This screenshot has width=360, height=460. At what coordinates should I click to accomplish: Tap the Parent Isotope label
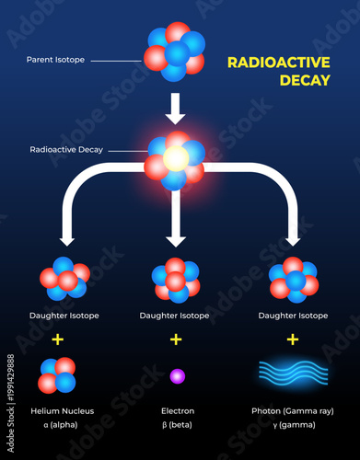pyautogui.click(x=56, y=61)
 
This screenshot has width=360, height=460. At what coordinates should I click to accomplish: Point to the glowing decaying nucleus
pyautogui.click(x=175, y=159)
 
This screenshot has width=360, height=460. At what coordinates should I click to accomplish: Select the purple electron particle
pyautogui.click(x=177, y=375)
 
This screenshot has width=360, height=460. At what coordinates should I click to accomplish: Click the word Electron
pyautogui.click(x=177, y=410)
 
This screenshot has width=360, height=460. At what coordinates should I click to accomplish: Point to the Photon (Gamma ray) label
pyautogui.click(x=293, y=410)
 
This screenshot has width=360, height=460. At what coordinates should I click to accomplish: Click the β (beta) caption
pyautogui.click(x=177, y=424)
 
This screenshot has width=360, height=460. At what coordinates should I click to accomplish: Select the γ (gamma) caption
pyautogui.click(x=293, y=424)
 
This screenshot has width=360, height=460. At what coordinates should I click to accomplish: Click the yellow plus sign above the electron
pyautogui.click(x=176, y=339)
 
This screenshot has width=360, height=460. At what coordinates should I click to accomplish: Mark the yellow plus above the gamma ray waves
pyautogui.click(x=293, y=339)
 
